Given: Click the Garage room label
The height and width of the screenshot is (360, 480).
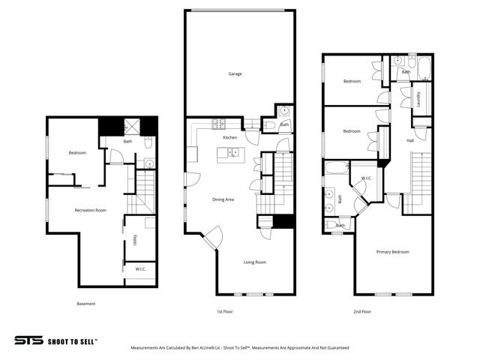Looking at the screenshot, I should click(x=235, y=73).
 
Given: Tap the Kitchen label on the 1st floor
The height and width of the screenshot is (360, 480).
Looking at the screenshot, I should click(x=230, y=138).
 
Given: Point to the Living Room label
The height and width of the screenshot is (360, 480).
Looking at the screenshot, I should click(x=255, y=262).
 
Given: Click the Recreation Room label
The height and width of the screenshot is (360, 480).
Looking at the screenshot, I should click(x=90, y=210).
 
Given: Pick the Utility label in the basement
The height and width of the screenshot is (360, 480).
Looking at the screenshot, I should click(x=135, y=240).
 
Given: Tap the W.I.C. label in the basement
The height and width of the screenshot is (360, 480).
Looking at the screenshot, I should click(x=140, y=268).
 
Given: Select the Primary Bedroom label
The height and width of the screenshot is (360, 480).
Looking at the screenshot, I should click(x=392, y=252).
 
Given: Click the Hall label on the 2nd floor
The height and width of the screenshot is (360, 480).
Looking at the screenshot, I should click(x=410, y=140).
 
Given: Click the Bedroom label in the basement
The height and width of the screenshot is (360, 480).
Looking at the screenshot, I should click(x=77, y=153).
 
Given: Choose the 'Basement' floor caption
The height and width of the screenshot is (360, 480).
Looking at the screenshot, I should click(x=86, y=304).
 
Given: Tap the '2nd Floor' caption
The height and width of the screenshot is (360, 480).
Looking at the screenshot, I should click(x=361, y=310).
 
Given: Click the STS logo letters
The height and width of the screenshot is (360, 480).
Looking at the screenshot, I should click(x=29, y=340).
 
